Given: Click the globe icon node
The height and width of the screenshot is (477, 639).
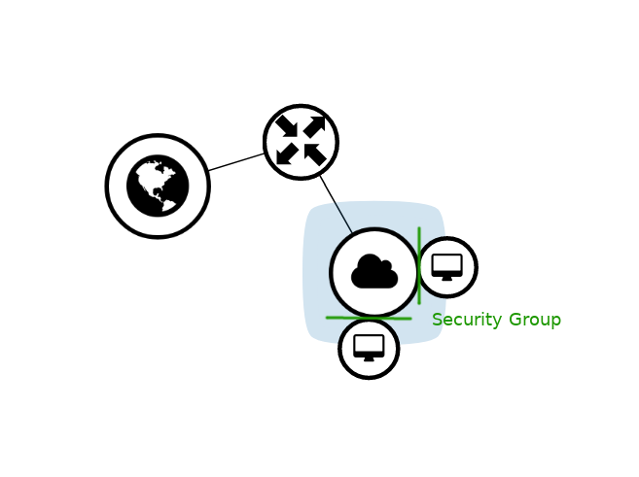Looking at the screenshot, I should pos(158,186).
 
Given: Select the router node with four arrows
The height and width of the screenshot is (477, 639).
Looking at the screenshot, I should pos(301,142).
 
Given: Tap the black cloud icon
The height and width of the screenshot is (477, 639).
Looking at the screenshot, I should pos(374,272).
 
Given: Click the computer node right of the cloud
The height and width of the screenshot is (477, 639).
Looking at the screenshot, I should pos(447,266).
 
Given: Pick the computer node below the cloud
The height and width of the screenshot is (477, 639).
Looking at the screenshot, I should pos(369,348).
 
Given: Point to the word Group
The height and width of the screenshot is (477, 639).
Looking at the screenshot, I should pos(534,320).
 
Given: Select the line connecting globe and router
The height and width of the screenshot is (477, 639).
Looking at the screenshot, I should pos(236,162).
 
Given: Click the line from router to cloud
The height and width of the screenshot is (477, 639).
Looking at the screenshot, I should pos(336,205).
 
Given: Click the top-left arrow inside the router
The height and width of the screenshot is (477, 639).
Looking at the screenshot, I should pos(287,126).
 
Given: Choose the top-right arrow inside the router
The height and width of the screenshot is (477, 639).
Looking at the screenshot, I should pos(314,126).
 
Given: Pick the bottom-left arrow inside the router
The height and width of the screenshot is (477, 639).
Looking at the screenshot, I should pos(287,154).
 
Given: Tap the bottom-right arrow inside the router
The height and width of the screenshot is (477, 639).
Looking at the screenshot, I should pos(315,154).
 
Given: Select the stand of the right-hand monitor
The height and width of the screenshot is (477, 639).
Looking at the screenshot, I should pos(447,278).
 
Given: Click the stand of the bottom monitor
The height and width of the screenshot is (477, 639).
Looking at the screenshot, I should pos(369,358).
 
